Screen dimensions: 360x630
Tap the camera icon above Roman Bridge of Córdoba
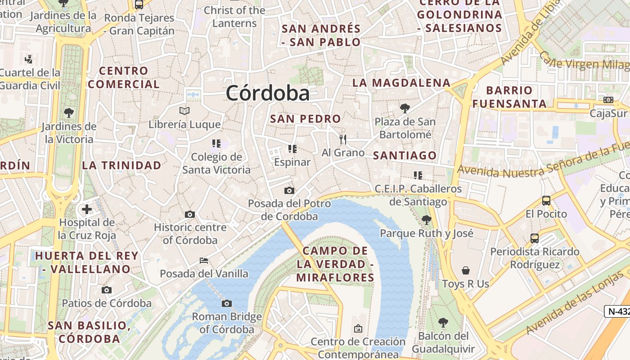click(x=227, y=303)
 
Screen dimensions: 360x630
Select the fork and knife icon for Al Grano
click(x=343, y=139)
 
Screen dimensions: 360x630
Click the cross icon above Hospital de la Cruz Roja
click(x=87, y=209)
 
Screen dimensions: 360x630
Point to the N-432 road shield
click(x=617, y=311)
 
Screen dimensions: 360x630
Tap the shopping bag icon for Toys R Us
click(x=465, y=270)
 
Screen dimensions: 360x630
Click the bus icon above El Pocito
click(x=546, y=200)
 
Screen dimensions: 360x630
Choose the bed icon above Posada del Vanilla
click(x=204, y=260)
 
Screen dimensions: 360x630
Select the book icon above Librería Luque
click(x=184, y=111)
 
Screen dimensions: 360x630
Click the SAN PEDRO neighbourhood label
click(x=306, y=119)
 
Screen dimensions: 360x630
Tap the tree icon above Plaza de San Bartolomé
click(x=405, y=108)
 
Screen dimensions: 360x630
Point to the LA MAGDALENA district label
click(x=401, y=83)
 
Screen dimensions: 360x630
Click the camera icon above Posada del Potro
click(x=289, y=190)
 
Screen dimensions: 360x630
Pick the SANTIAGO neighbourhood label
click(x=405, y=156)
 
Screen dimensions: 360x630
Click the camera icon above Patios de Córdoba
click(x=107, y=290)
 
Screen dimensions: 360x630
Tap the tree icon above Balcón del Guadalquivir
click(x=443, y=322)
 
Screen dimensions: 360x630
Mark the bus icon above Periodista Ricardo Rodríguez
click(x=535, y=238)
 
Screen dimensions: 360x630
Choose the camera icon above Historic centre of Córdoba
click(x=190, y=214)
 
